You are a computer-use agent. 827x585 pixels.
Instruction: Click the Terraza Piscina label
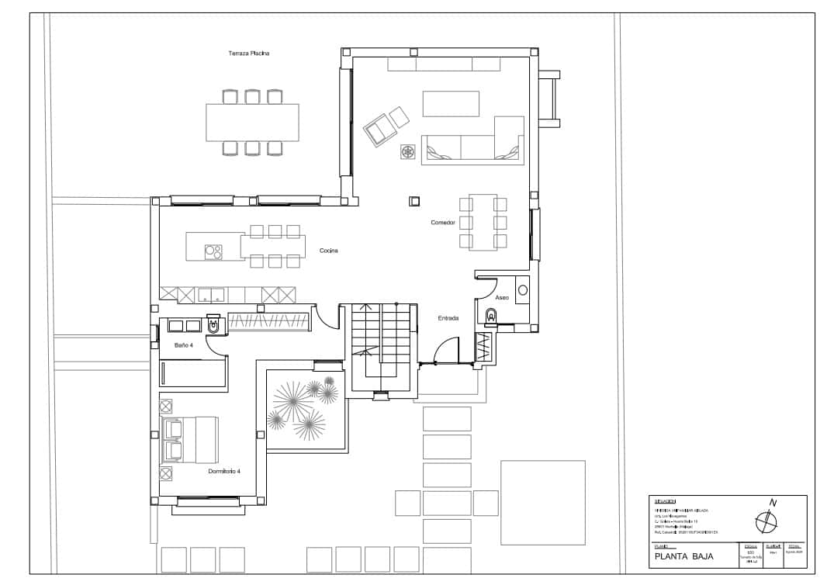248,54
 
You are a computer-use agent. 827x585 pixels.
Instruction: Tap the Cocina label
328,251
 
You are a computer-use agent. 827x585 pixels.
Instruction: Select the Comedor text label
443,223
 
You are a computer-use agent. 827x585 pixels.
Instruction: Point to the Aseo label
502,297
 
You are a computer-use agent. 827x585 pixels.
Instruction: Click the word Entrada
448,318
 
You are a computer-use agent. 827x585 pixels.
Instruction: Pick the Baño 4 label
184,344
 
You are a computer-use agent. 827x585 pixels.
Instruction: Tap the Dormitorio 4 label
224,471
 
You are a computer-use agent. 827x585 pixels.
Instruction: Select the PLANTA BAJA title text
683,556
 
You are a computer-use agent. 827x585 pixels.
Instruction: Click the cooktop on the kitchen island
213,251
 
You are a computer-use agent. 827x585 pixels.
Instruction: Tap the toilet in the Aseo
490,316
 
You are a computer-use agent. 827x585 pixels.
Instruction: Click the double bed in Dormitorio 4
191,440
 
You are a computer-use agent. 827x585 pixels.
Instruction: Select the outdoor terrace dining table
252,123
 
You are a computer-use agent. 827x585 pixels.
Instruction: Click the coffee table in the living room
451,103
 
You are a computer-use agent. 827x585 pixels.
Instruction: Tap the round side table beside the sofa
407,151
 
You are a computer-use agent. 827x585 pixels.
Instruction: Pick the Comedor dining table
483,222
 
